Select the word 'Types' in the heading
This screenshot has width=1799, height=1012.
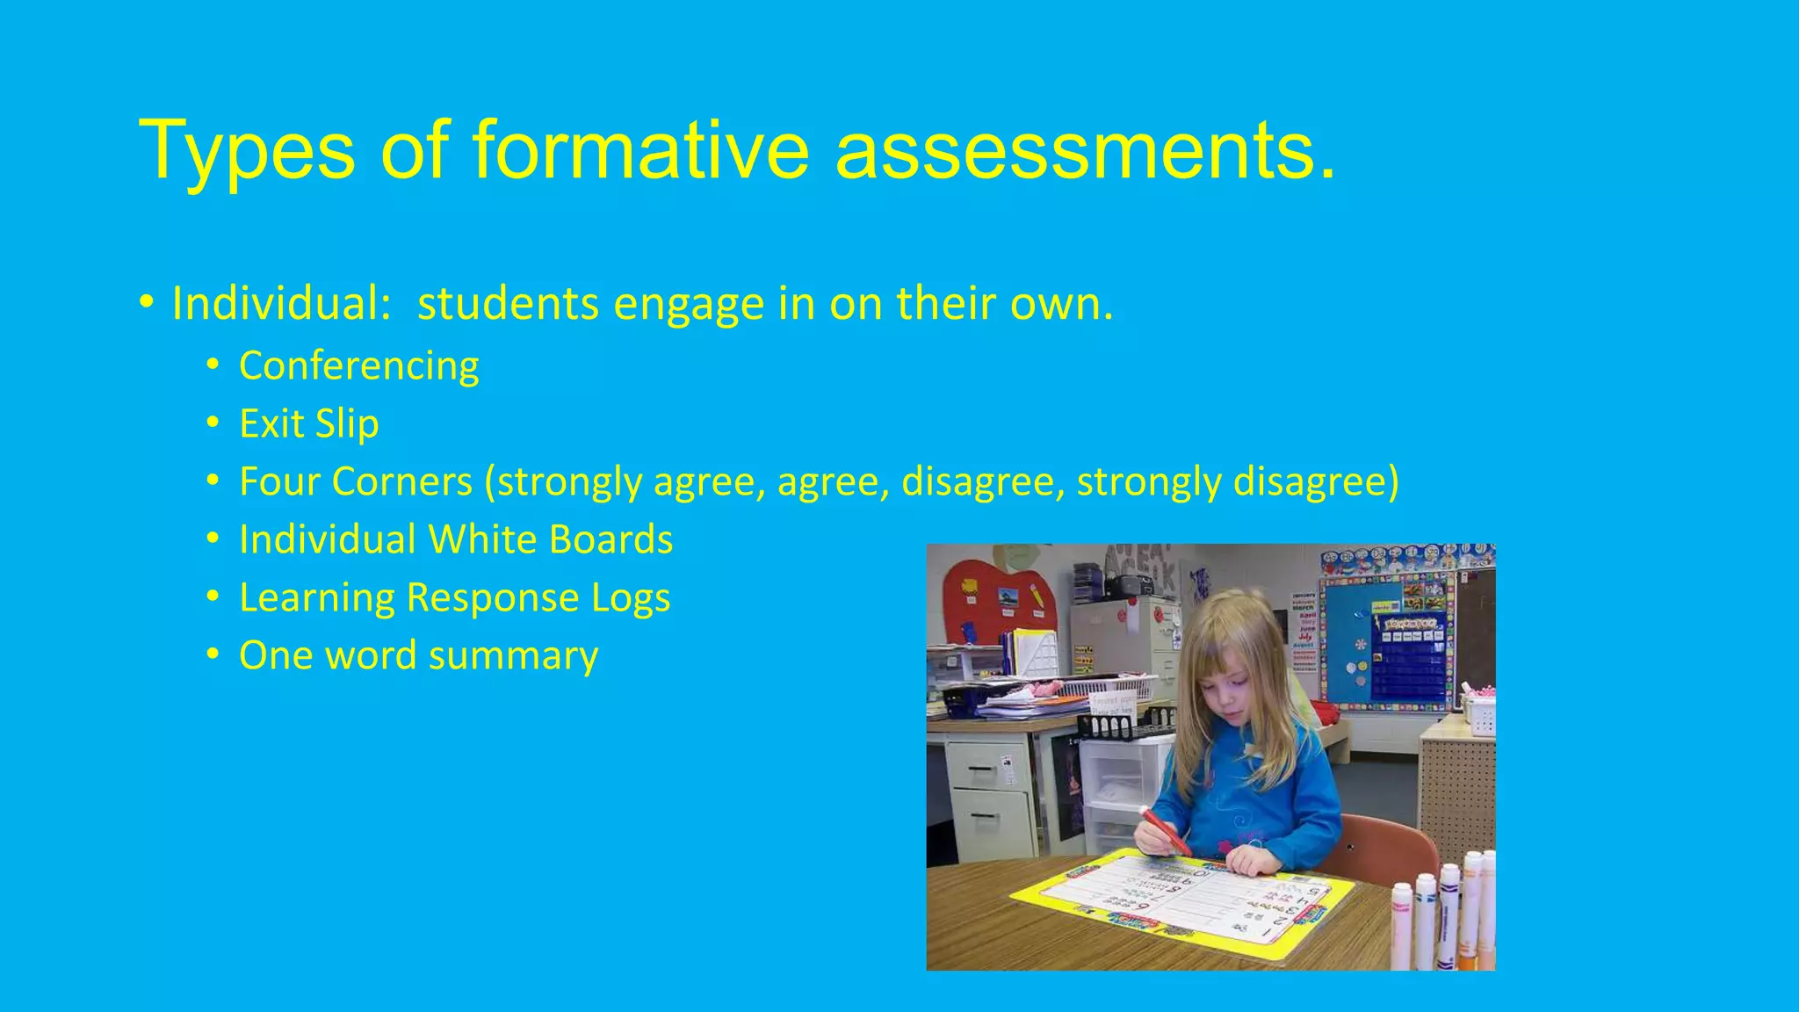click(247, 151)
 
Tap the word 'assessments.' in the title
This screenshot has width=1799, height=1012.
click(1086, 151)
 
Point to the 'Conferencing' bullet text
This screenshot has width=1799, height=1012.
click(358, 366)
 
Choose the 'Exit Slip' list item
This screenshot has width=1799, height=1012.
click(308, 423)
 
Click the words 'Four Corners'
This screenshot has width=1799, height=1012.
click(355, 481)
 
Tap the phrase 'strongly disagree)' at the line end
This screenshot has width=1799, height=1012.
click(1238, 481)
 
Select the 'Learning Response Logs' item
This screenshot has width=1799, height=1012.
click(454, 597)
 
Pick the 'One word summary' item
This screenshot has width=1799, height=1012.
click(418, 655)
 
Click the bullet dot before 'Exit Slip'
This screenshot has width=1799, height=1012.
click(213, 423)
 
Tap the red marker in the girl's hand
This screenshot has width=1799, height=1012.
click(1165, 831)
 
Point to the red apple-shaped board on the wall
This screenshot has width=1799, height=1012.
click(998, 606)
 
